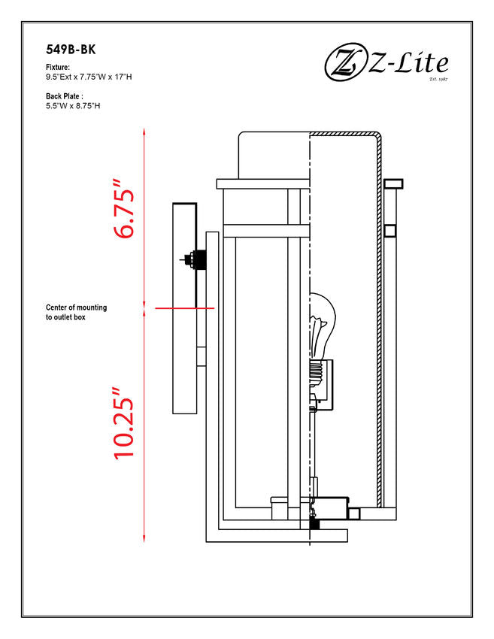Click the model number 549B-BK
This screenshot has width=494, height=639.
[71, 50]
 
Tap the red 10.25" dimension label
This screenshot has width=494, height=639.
[124, 423]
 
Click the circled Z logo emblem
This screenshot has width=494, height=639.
[345, 62]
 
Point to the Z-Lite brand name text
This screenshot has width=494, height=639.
[408, 65]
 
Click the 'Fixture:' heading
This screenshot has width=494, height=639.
[58, 67]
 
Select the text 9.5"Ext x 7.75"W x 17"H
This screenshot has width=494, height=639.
[89, 77]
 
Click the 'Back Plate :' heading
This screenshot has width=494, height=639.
[65, 96]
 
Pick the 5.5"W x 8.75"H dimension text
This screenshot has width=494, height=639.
[73, 106]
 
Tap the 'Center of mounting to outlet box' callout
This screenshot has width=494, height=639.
[76, 312]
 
